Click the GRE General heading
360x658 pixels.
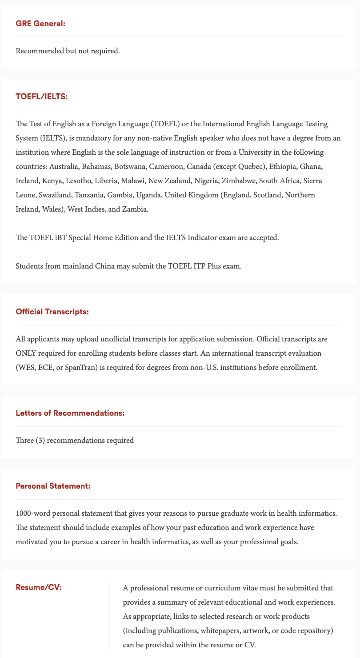coord(40,23)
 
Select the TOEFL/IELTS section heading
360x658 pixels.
coord(42,96)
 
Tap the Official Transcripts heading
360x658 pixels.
coord(52,312)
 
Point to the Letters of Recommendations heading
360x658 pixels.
coord(70,413)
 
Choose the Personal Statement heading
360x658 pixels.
coord(53,486)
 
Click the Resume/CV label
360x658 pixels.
coord(39,587)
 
